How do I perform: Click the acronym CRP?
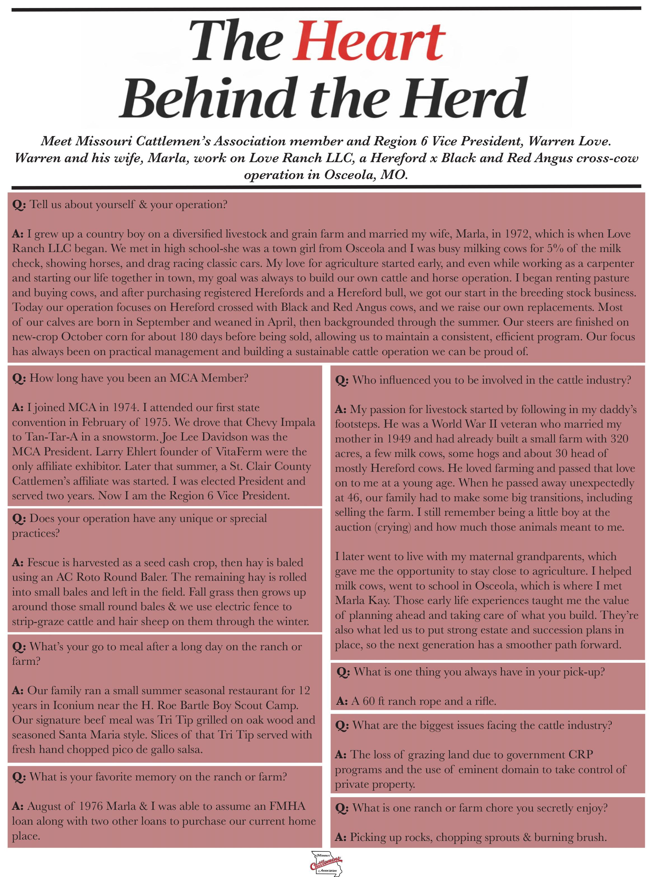[582, 755]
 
